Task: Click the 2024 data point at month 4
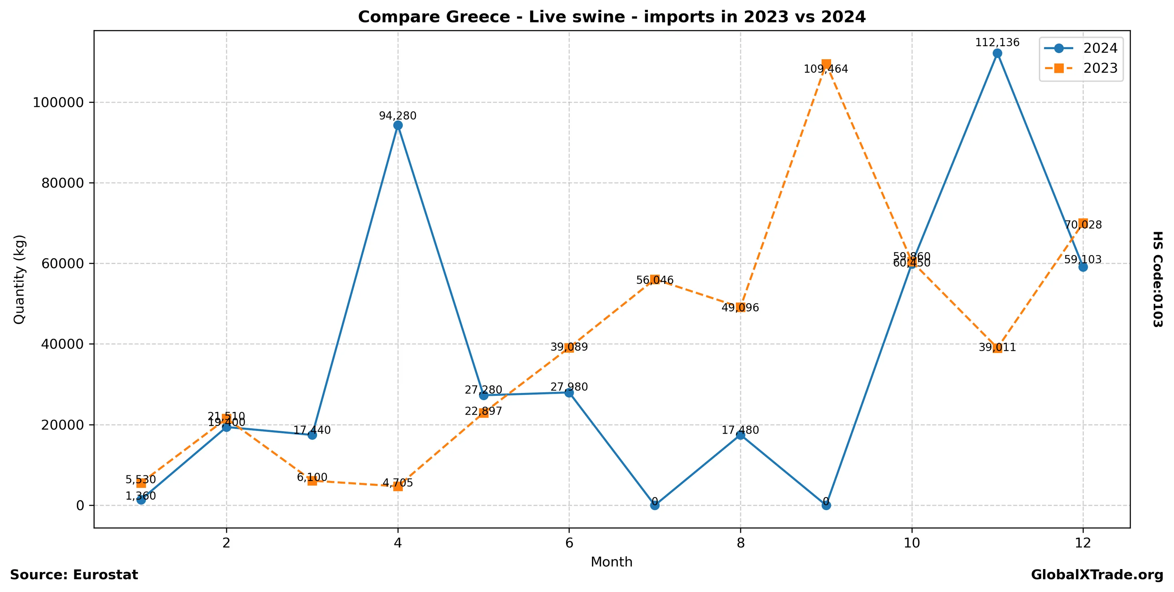[x=398, y=126]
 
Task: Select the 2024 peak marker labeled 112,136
[x=997, y=53]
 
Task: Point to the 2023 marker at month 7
[x=654, y=279]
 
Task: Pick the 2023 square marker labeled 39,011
[x=997, y=348]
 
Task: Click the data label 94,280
[x=398, y=116]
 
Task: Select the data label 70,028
[x=1083, y=225]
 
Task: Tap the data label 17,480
[x=740, y=430]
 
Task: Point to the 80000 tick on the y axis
[x=63, y=183]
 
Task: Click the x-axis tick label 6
[x=569, y=543]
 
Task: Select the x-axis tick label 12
[x=1083, y=543]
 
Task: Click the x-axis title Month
[x=611, y=562]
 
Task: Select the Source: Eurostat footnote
[x=74, y=575]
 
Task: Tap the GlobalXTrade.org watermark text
[x=1097, y=575]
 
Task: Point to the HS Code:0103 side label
[x=1158, y=279]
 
